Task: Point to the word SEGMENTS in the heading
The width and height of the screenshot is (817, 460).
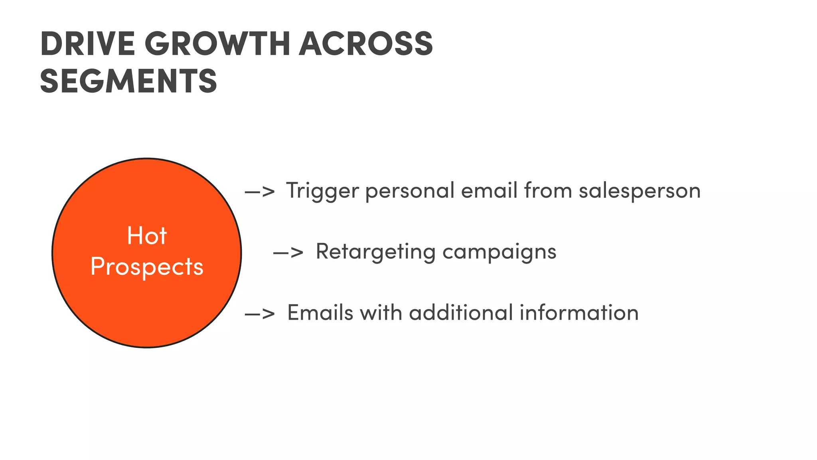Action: tap(128, 81)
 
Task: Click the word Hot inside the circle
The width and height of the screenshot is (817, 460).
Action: tap(146, 236)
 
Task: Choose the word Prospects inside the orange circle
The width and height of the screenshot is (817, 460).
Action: tap(147, 267)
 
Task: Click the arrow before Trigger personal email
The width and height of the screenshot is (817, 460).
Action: tap(260, 191)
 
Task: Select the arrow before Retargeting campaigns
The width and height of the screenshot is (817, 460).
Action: tap(288, 252)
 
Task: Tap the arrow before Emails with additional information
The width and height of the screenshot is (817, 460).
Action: tap(260, 313)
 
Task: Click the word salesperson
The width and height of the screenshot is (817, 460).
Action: tap(639, 191)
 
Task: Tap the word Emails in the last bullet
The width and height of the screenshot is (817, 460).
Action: tap(320, 313)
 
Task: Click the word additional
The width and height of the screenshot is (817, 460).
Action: tap(461, 313)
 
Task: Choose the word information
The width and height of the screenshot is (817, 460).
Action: tap(579, 313)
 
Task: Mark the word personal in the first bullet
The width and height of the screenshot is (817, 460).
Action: tap(410, 191)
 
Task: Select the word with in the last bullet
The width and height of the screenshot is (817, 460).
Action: tap(381, 313)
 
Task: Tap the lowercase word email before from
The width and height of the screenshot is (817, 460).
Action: tap(489, 191)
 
